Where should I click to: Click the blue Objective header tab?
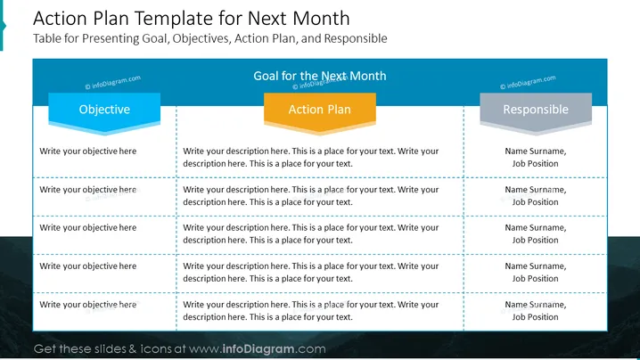click(x=104, y=112)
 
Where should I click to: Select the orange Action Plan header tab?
click(x=320, y=112)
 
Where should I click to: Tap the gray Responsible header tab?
click(x=536, y=112)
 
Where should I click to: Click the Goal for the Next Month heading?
click(x=320, y=76)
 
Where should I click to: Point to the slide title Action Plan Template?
click(x=191, y=19)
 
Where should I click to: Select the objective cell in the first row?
click(x=87, y=151)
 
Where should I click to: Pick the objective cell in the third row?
click(x=87, y=228)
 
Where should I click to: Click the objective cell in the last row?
click(x=87, y=305)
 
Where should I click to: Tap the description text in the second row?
click(x=310, y=195)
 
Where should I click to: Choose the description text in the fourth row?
click(x=310, y=273)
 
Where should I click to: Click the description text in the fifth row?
click(x=310, y=311)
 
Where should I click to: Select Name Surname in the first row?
click(x=535, y=151)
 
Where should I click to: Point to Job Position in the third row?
click(x=535, y=241)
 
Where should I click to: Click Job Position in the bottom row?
click(x=535, y=317)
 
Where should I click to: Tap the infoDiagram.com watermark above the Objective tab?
click(x=112, y=82)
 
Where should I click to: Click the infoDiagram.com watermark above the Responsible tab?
click(x=528, y=82)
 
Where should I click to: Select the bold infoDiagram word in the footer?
click(x=258, y=349)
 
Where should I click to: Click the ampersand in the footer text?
click(x=133, y=349)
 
